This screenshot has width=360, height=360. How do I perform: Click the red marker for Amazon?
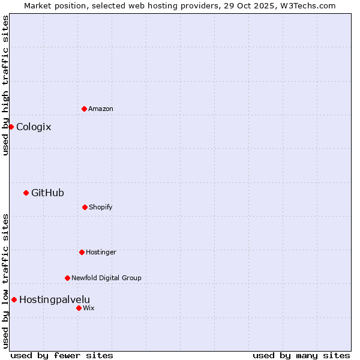point(84,109)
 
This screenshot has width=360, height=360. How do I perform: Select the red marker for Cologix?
point(11,127)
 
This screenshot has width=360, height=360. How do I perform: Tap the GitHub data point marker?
point(26,193)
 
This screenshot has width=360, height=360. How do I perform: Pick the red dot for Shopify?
point(85,207)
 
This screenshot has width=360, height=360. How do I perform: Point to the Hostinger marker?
point(82,252)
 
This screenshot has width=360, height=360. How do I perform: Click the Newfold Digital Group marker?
point(67,278)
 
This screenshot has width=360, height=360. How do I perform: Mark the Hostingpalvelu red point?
point(14,299)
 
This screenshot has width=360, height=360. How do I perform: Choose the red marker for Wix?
point(79,308)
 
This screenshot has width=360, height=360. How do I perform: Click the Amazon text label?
point(101,109)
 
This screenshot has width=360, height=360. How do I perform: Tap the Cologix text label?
point(34,127)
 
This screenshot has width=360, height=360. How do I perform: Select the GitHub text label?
point(47,193)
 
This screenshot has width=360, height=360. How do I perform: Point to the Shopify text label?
point(101,207)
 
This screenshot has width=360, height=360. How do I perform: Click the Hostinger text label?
point(101,252)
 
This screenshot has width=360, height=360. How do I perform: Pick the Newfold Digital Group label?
point(106,278)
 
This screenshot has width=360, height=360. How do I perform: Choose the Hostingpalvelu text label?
point(55,299)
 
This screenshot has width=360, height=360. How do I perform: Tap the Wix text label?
point(89,308)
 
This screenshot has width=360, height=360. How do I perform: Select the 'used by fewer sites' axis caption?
point(62,355)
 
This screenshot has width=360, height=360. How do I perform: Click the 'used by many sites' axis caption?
point(301,355)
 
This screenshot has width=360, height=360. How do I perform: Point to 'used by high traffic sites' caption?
point(5,85)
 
